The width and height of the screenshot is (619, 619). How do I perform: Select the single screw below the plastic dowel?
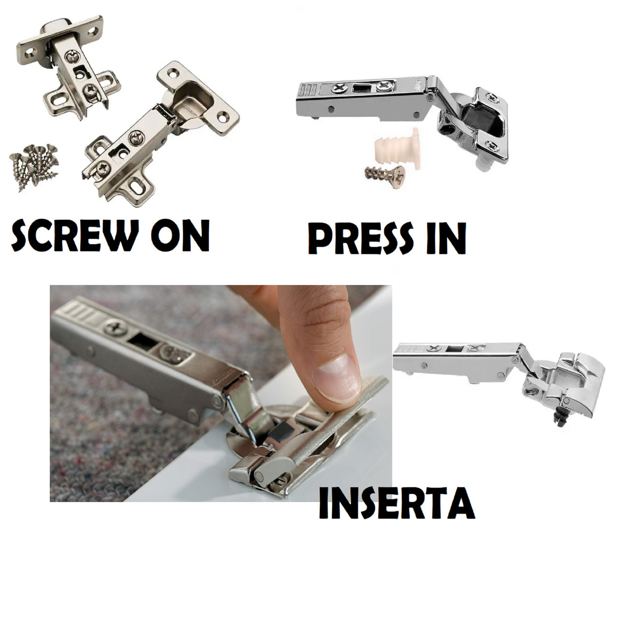385,174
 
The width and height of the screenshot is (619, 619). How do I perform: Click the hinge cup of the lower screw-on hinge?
192,100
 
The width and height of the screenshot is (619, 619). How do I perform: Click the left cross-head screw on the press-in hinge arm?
339,87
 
